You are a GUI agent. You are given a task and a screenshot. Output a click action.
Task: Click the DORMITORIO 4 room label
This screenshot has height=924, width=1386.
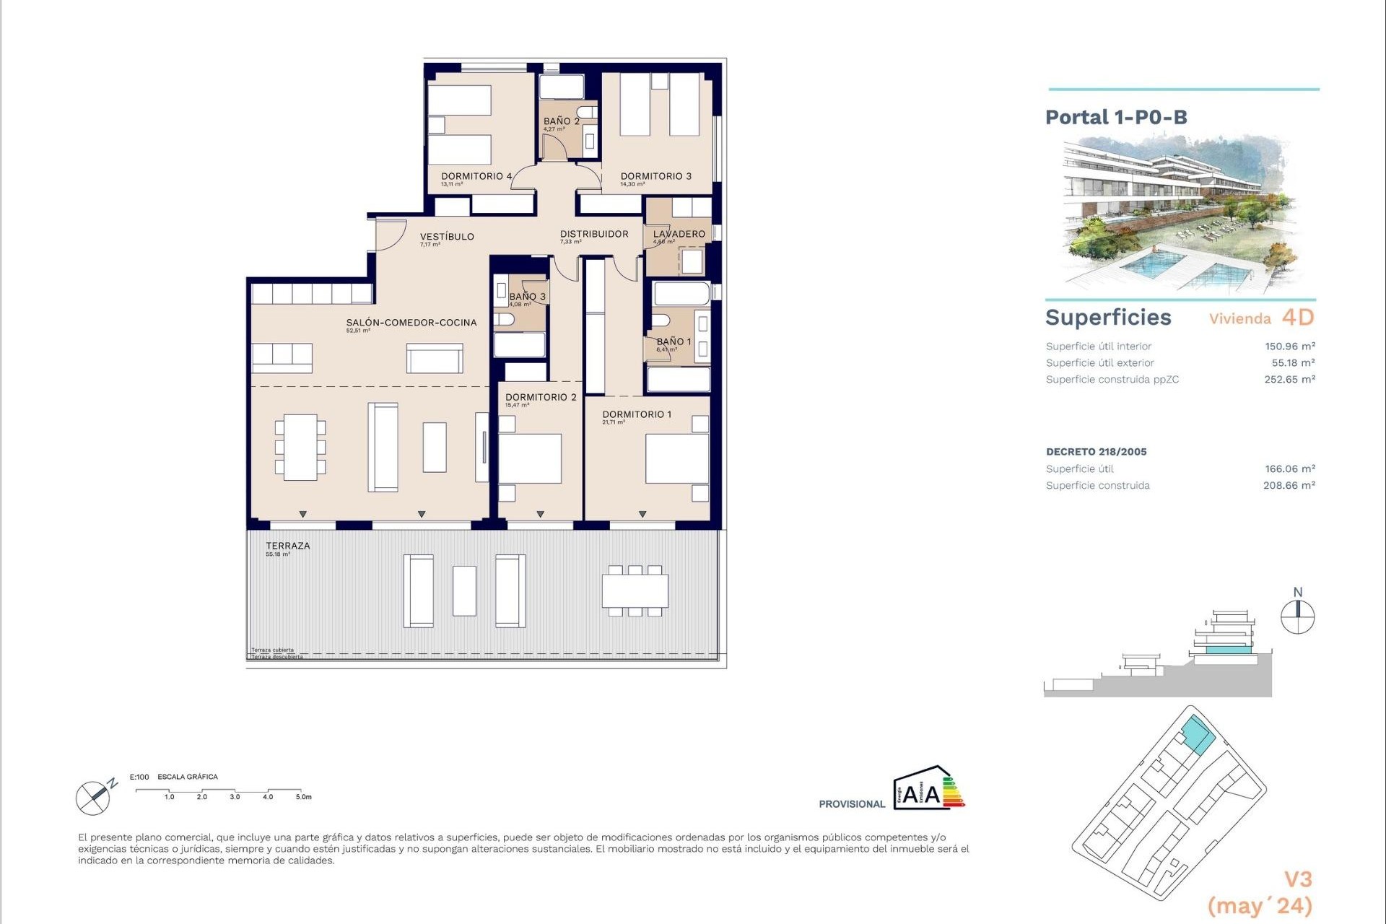tap(476, 176)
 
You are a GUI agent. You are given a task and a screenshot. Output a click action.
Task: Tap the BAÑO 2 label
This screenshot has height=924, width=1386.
tap(561, 121)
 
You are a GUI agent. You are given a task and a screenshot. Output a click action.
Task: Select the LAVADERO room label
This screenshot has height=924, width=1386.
tap(679, 234)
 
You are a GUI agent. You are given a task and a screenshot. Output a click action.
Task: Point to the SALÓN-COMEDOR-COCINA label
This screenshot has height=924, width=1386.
tap(411, 323)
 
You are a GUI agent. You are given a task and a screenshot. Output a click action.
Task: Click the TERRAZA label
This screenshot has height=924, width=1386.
tap(287, 546)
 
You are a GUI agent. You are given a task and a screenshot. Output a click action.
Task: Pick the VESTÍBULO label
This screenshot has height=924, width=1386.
tap(447, 237)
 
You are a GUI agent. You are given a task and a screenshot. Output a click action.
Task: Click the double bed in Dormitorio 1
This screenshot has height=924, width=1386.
tap(676, 458)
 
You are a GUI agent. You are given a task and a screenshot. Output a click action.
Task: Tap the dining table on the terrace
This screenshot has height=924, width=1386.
tap(635, 591)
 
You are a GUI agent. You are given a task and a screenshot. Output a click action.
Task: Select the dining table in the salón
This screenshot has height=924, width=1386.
tap(300, 447)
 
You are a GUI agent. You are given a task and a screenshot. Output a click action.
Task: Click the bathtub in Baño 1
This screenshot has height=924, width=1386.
tap(681, 295)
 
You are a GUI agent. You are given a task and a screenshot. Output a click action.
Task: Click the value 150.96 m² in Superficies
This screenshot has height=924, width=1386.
tap(1289, 346)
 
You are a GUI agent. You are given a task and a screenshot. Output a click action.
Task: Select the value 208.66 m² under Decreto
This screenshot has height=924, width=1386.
tap(1289, 486)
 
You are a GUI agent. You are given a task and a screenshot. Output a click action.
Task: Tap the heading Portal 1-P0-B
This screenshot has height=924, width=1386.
tap(1116, 118)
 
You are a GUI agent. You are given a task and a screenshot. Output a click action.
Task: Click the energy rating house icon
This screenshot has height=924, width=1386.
tap(928, 789)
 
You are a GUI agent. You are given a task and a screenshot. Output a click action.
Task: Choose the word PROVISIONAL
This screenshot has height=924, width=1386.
tap(851, 804)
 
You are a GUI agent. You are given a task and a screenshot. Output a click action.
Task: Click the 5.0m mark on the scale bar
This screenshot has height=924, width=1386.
tap(302, 797)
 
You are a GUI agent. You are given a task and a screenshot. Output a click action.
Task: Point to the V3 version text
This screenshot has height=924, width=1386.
tap(1297, 879)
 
